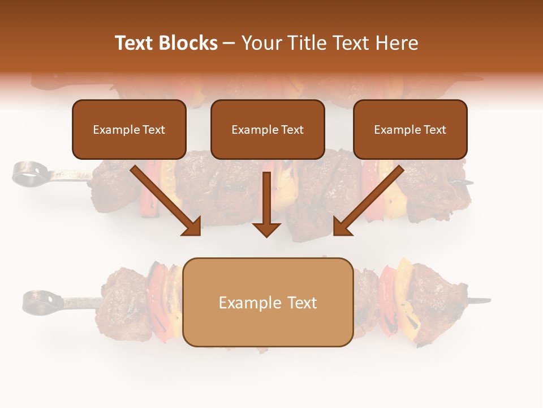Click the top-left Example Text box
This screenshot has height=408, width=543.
tap(129, 129)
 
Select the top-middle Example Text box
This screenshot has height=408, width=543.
tap(268, 129)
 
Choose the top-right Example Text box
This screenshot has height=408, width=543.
tap(410, 129)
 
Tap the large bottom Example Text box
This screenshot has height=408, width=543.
tap(268, 303)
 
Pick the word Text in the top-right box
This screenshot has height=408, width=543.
tap(434, 129)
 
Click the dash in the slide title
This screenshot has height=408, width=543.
tap(229, 44)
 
